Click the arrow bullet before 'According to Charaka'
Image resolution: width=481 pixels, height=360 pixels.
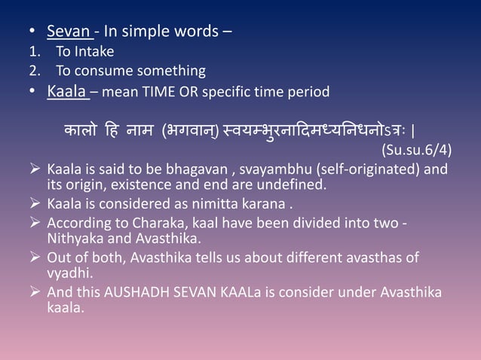click(x=35, y=224)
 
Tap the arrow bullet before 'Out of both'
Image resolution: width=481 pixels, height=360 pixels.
click(x=35, y=258)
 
